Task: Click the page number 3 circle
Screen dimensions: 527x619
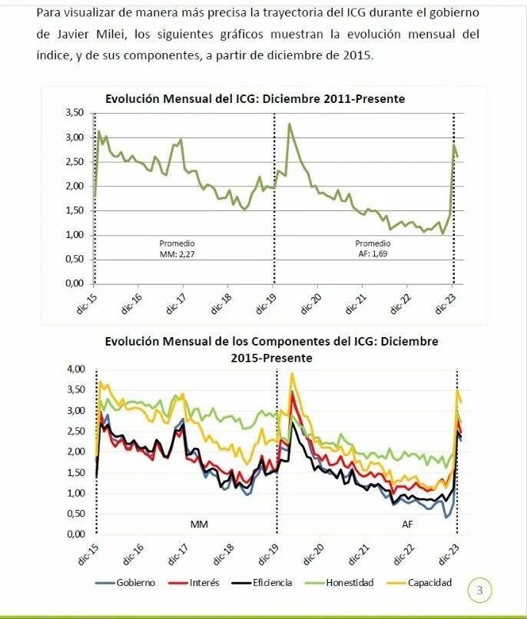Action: [479, 590]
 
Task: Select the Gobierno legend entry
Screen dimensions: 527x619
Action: [125, 583]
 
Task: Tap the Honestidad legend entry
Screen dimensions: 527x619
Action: [339, 583]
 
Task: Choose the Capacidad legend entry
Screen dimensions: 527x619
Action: [419, 583]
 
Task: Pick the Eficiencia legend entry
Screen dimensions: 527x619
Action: [262, 583]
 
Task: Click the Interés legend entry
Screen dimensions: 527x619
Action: [194, 583]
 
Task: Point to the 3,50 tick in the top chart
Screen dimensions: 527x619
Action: [75, 113]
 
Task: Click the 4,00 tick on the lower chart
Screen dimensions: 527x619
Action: [76, 369]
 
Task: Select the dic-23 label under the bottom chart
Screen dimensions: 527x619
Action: [450, 554]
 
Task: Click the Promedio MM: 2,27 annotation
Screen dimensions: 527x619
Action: [177, 249]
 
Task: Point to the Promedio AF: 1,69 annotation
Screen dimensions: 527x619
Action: [373, 249]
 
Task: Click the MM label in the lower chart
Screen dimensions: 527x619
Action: [199, 525]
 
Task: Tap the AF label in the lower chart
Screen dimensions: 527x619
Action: [407, 525]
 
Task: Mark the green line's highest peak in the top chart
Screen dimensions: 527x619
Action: [290, 124]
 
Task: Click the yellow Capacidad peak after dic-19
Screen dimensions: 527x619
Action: [292, 373]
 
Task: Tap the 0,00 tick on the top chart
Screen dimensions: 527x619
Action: [75, 283]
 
